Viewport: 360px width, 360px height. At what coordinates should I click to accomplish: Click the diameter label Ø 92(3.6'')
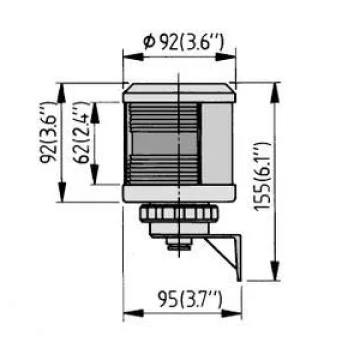point(183,43)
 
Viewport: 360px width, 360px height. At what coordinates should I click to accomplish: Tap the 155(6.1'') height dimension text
point(263,176)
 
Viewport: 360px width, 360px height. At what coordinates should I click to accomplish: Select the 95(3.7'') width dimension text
point(190,299)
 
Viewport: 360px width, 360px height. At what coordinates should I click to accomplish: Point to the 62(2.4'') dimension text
point(82,134)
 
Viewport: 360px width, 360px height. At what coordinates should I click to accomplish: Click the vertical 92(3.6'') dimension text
point(48,132)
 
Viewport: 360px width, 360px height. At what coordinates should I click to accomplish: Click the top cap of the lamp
point(179,93)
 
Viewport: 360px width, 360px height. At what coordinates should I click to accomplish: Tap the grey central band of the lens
point(164,143)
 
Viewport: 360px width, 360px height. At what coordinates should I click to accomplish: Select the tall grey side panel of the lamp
point(217,143)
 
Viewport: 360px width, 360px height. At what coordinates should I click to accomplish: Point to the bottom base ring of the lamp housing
point(179,193)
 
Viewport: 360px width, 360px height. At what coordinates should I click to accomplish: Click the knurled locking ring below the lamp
point(179,213)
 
